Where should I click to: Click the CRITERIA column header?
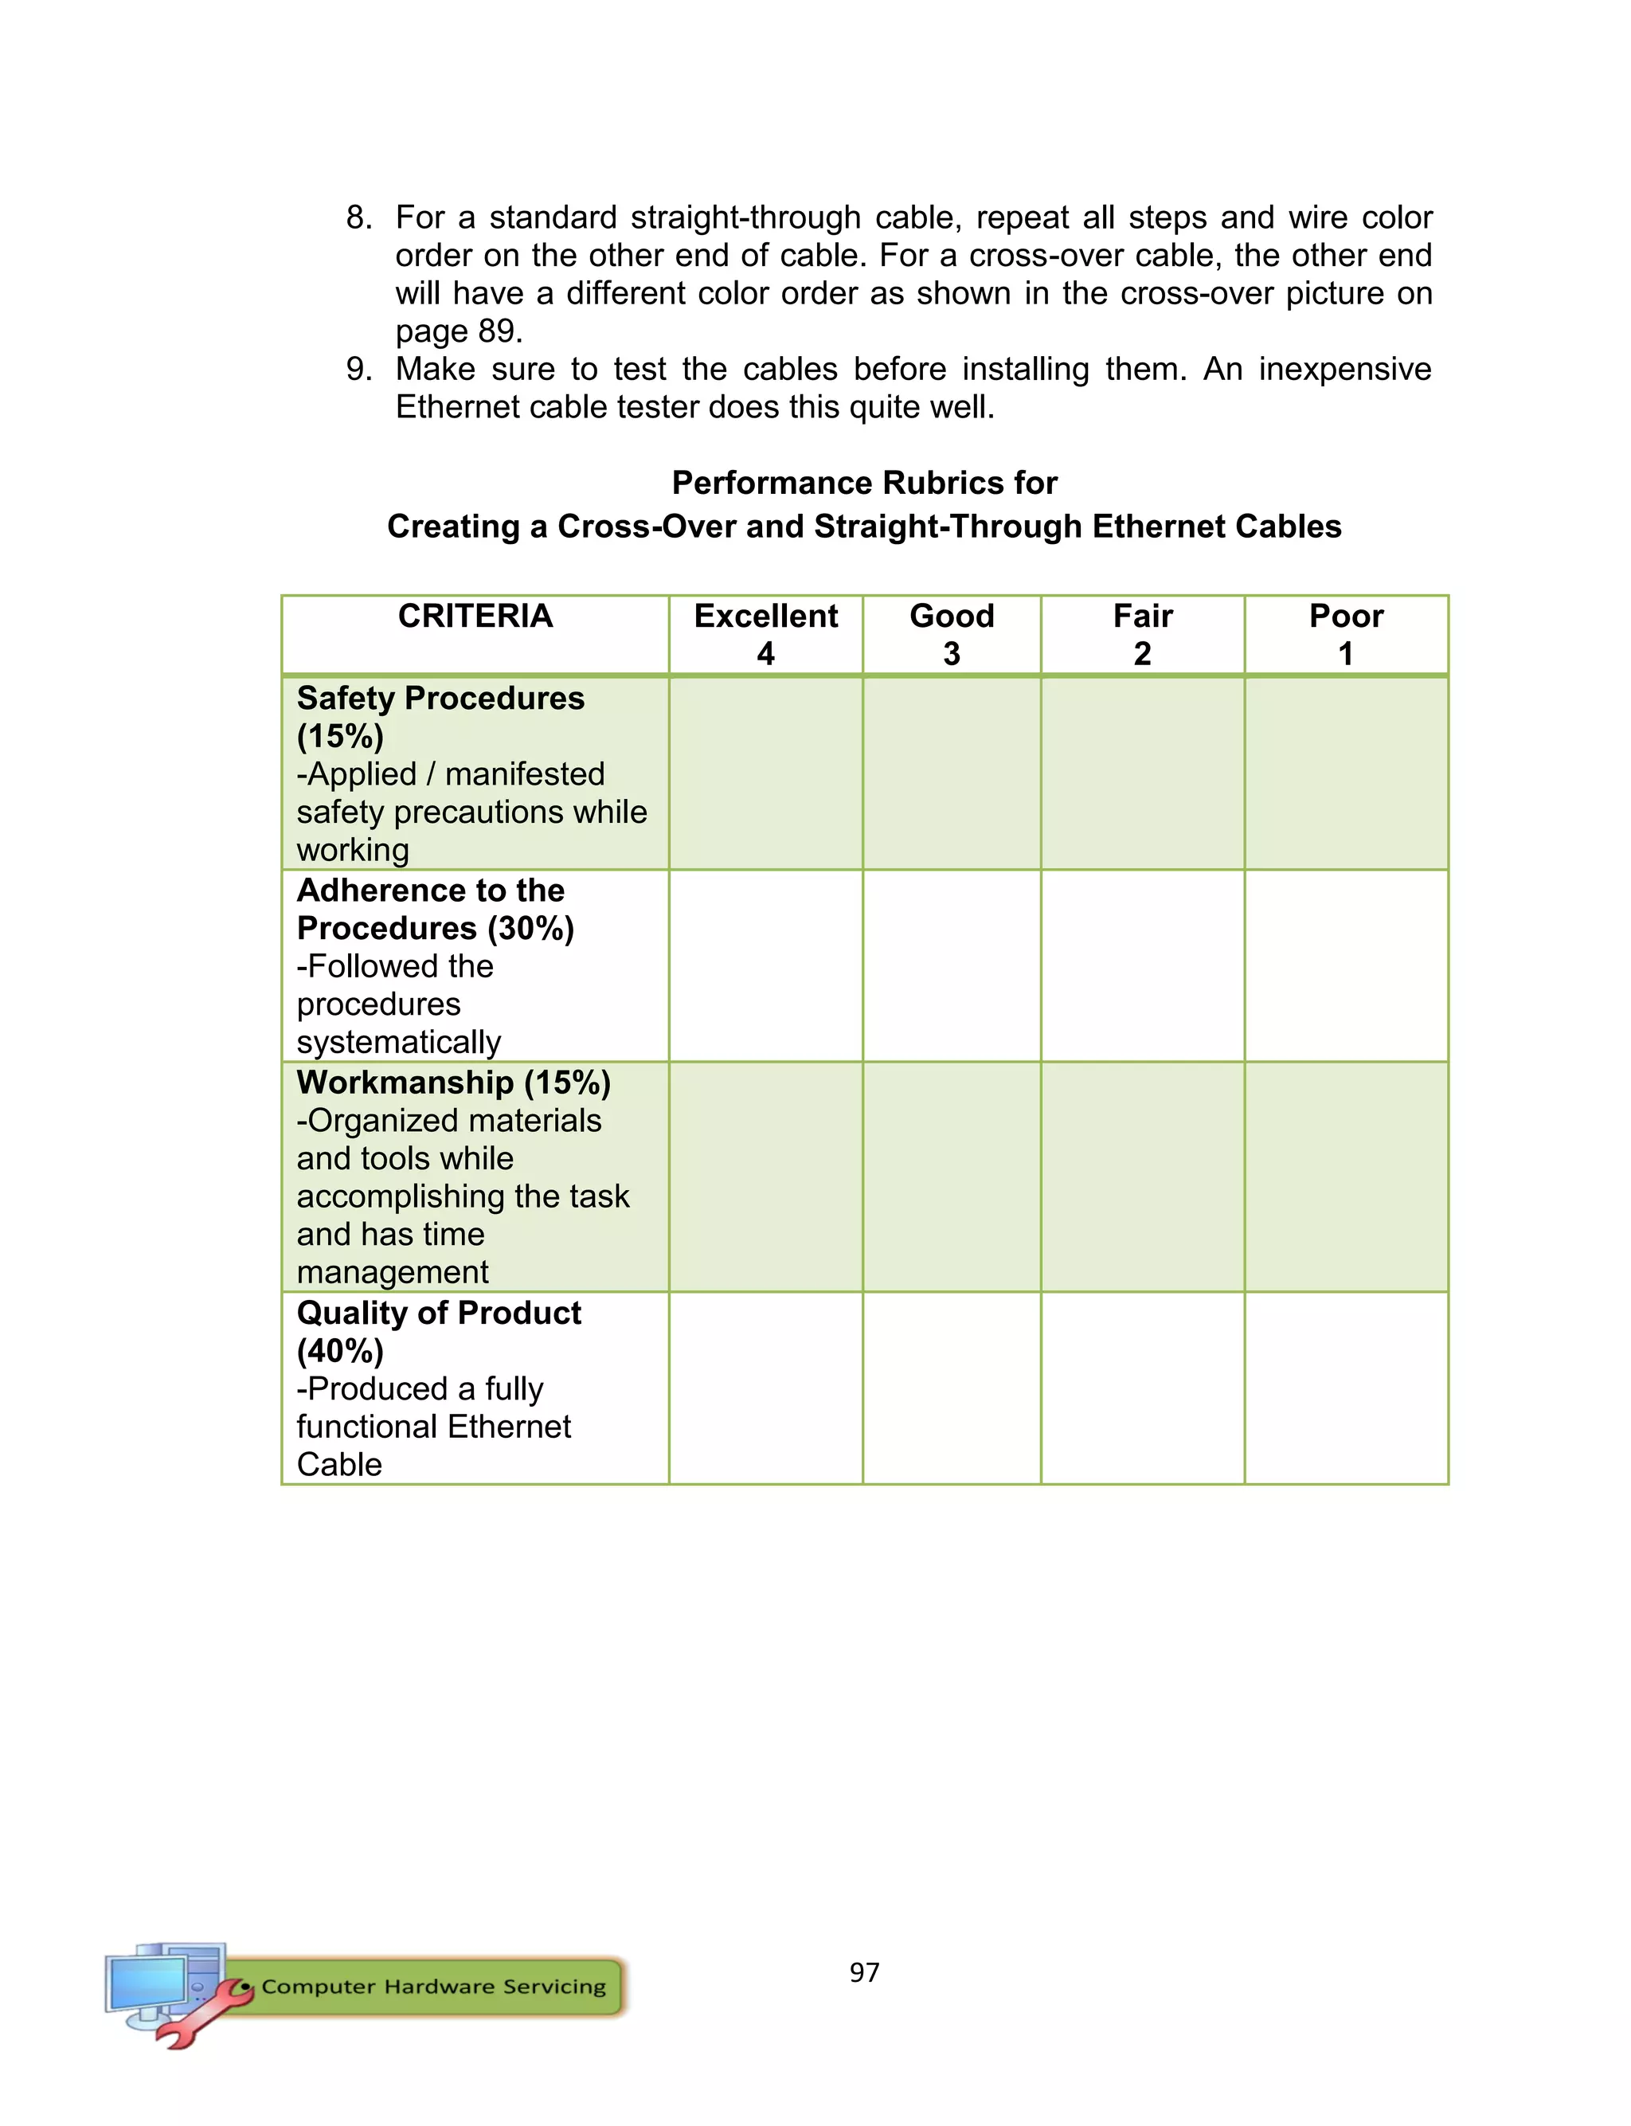[x=475, y=616]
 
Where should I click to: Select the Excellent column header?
[x=765, y=616]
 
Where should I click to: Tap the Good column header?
[x=952, y=616]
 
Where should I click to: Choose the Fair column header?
[x=1143, y=616]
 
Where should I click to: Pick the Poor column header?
[x=1346, y=616]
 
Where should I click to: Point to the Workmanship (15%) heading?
[x=453, y=1083]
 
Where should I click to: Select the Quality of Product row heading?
[x=438, y=1313]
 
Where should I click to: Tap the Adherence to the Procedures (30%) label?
[x=434, y=909]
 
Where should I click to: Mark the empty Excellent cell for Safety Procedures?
[x=765, y=773]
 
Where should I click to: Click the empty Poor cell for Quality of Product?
[x=1346, y=1388]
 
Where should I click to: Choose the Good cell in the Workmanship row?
[x=952, y=1176]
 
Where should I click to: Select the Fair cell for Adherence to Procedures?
[x=1143, y=965]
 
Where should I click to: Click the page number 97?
[x=864, y=1971]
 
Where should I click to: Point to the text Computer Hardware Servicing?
[x=433, y=1987]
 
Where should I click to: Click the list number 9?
[x=358, y=369]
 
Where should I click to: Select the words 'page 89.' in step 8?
[x=458, y=331]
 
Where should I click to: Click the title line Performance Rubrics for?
[x=864, y=483]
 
